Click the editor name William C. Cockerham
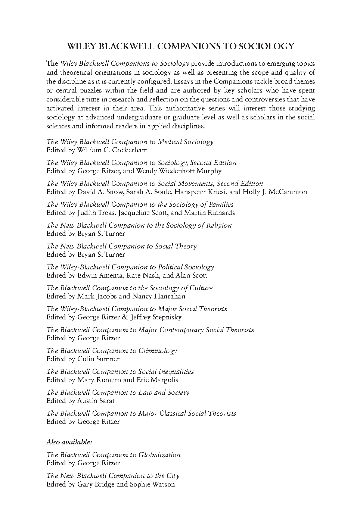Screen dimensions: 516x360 point(112,150)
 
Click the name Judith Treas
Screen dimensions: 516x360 point(97,213)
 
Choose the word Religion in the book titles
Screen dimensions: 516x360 point(218,225)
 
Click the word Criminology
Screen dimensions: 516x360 point(158,351)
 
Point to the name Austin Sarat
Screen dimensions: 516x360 point(96,401)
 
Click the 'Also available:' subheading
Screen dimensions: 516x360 point(69,442)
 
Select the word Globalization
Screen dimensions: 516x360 point(159,455)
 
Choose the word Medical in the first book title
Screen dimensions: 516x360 point(170,142)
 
